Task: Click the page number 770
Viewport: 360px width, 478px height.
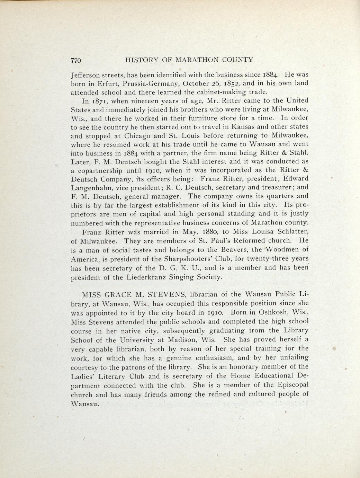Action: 75,60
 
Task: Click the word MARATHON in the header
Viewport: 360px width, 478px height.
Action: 200,60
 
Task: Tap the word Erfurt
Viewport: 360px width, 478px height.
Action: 108,83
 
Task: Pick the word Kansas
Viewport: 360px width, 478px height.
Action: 243,127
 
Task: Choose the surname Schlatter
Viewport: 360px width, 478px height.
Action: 288,232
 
